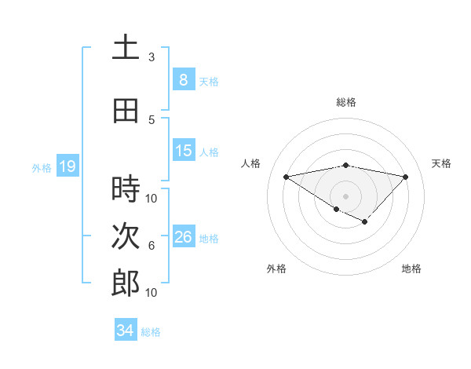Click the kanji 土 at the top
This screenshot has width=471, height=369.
tap(126, 48)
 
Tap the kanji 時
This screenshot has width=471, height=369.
tap(126, 188)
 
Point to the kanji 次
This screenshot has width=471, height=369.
tap(126, 236)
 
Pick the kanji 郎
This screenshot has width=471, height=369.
tap(126, 283)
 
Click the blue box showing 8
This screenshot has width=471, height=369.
tap(183, 79)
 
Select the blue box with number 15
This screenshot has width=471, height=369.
tap(183, 151)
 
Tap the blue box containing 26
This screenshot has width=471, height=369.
tap(183, 237)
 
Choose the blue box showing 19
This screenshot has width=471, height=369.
tap(67, 166)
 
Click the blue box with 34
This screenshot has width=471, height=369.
tap(125, 331)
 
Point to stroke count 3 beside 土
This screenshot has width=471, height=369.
tap(152, 57)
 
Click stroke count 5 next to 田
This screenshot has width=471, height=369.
tap(152, 120)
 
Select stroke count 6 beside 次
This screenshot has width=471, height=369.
tap(152, 246)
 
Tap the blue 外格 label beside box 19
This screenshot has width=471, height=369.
tap(42, 167)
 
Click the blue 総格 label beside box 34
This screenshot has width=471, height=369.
tap(151, 332)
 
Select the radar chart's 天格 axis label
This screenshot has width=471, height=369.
tap(441, 163)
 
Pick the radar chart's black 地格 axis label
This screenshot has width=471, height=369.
tap(411, 269)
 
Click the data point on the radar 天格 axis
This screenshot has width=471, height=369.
tap(405, 177)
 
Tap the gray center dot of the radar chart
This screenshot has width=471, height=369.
tap(345, 195)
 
